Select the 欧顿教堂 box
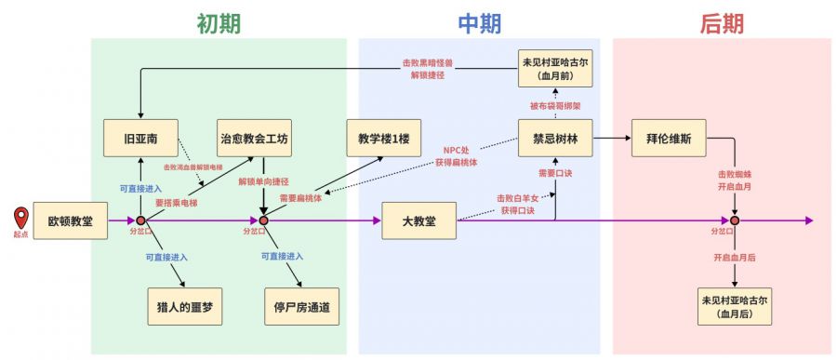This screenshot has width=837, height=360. (71, 220)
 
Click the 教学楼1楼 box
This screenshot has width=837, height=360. (383, 139)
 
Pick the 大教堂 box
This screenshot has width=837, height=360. (420, 220)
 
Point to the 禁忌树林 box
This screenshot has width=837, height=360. (555, 139)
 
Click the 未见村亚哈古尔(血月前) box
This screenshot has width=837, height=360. (555, 69)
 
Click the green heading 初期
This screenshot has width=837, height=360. (219, 23)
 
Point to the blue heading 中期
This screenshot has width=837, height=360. (480, 23)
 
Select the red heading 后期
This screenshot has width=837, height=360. (722, 23)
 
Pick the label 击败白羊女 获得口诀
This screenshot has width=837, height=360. (515, 204)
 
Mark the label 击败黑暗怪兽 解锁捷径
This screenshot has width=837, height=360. (428, 68)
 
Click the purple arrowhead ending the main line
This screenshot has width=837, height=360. (809, 220)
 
